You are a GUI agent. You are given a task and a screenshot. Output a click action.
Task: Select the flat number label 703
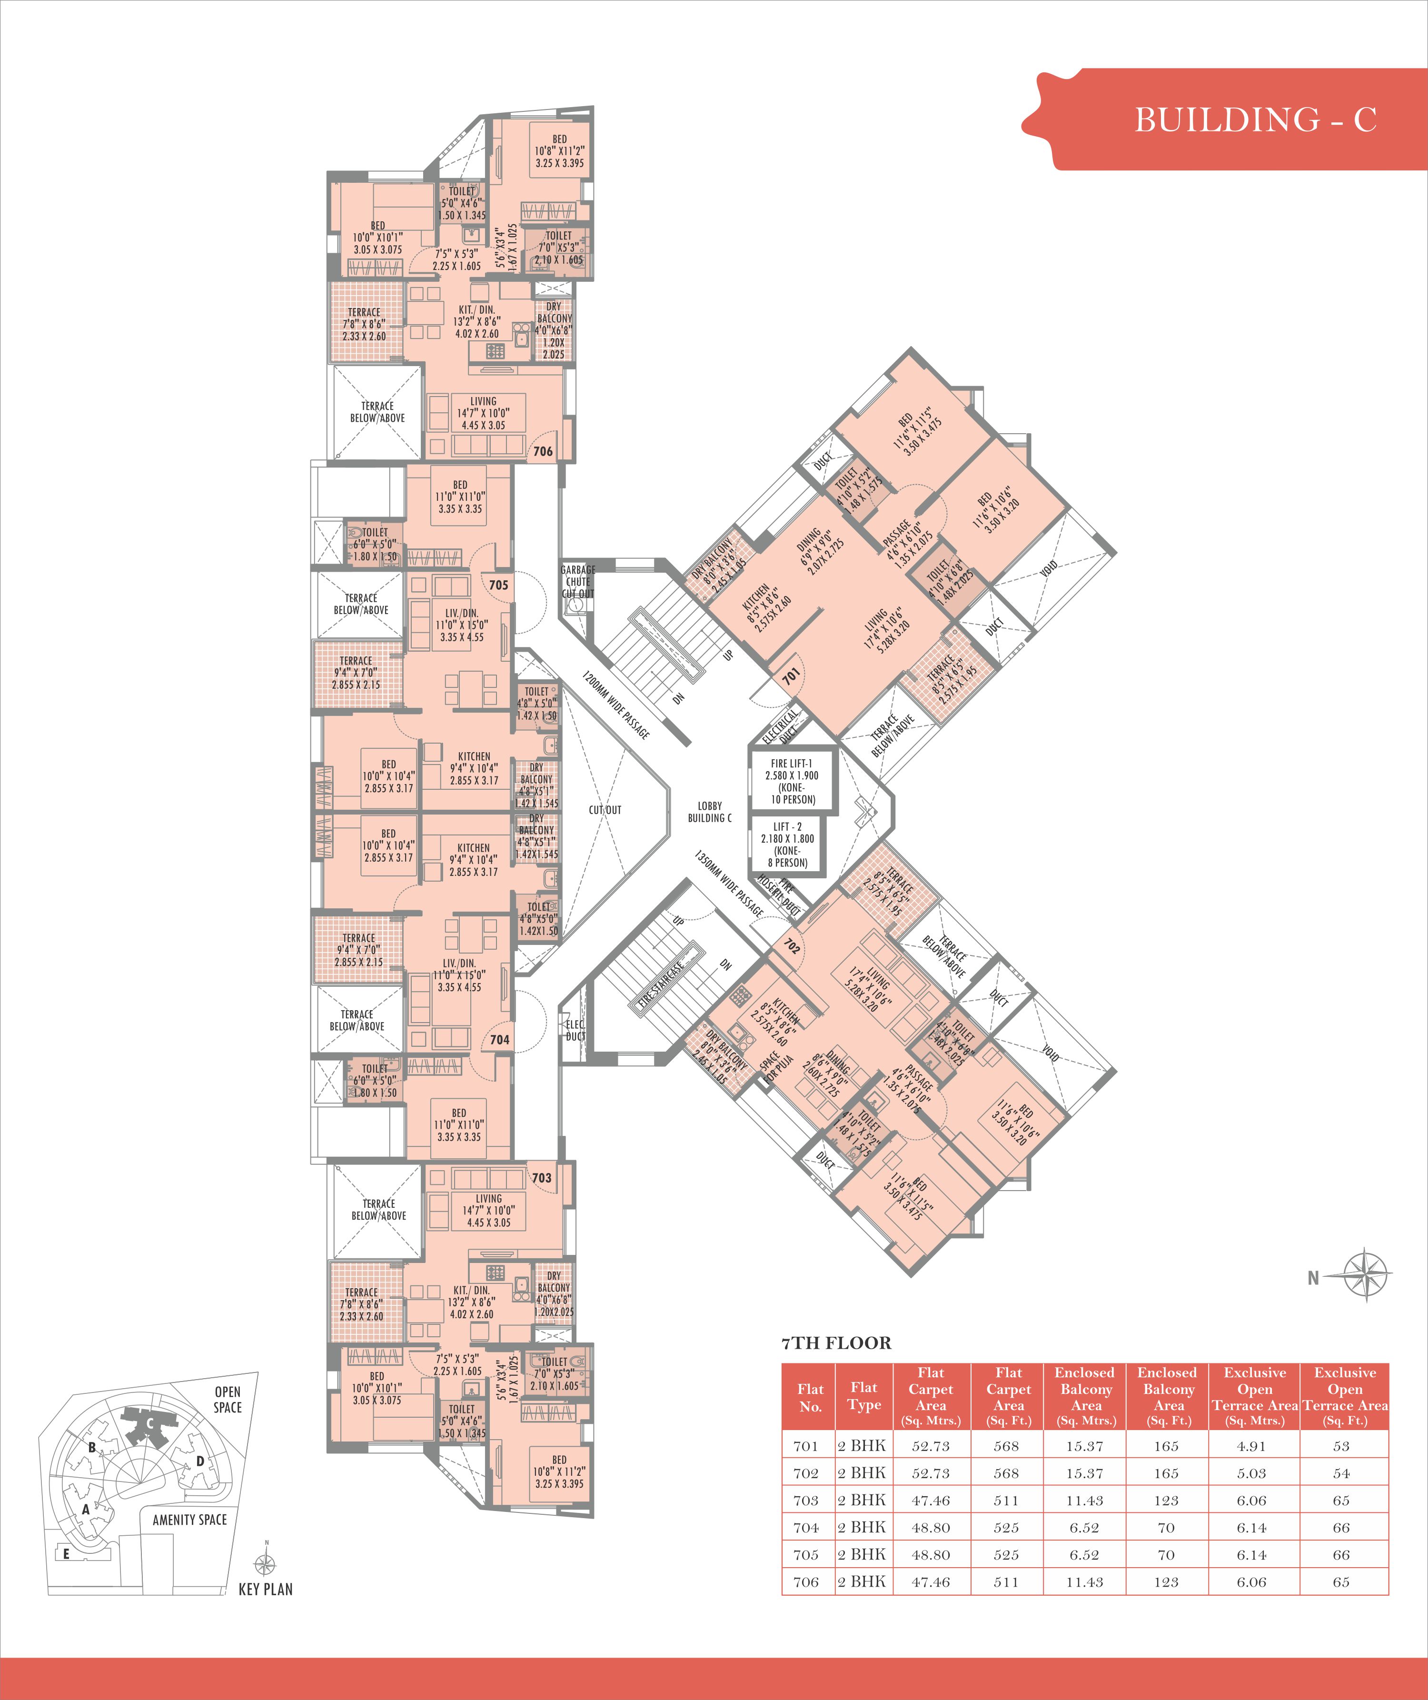pos(542,1178)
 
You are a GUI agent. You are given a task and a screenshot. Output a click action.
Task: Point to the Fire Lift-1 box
pos(792,781)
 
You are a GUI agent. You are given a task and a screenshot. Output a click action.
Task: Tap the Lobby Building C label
pos(709,812)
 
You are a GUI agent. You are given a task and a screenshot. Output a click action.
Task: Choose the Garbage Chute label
pos(578,581)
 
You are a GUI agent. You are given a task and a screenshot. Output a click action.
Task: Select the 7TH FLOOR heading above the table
pos(836,1343)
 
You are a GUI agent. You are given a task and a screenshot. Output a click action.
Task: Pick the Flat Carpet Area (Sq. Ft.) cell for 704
pos(1006,1528)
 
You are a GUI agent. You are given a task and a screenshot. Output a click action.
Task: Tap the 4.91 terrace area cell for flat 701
pos(1251,1446)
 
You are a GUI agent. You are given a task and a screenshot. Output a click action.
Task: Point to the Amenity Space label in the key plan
pos(189,1520)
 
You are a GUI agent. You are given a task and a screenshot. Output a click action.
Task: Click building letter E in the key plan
pos(66,1553)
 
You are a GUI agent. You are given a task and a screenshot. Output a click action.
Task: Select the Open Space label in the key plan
pos(228,1400)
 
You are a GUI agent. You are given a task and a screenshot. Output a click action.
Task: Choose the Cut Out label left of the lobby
pos(605,809)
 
